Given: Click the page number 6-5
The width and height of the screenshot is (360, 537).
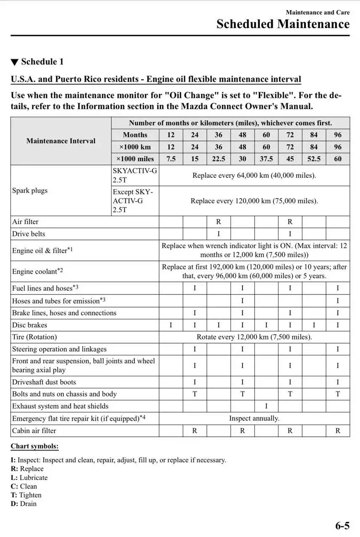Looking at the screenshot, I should tap(342, 525).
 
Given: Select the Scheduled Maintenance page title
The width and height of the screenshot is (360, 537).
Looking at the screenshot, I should tap(283, 24).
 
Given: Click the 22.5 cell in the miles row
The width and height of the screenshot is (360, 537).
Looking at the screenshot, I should tap(219, 159).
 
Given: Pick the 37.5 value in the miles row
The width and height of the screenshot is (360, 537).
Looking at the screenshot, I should tap(266, 159).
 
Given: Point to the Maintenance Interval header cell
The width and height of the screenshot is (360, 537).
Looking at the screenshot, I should tap(61, 141).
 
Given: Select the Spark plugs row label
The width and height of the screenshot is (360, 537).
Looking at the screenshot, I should tap(30, 190).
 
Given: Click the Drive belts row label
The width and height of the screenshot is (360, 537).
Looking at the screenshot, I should tap(29, 234).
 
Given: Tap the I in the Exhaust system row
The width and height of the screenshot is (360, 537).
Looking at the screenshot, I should tap(266, 406).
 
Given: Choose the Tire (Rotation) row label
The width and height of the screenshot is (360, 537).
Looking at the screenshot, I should tap(34, 337).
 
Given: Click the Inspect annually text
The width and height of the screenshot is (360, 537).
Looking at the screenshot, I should tap(254, 418).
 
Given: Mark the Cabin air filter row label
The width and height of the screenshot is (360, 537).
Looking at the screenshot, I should tap(34, 430).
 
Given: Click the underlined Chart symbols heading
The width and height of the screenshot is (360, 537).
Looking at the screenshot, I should tap(34, 446).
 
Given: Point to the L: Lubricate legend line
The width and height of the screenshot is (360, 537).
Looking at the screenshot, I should tap(29, 477).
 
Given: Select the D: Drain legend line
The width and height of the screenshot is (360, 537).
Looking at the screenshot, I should tap(23, 503).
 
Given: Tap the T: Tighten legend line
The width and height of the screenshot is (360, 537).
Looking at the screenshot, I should tap(26, 495).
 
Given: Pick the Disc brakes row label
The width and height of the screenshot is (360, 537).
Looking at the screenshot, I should tap(29, 325).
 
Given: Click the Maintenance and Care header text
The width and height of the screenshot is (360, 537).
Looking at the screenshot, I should tap(318, 13).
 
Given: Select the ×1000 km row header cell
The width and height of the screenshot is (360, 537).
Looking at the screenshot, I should tap(135, 147).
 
